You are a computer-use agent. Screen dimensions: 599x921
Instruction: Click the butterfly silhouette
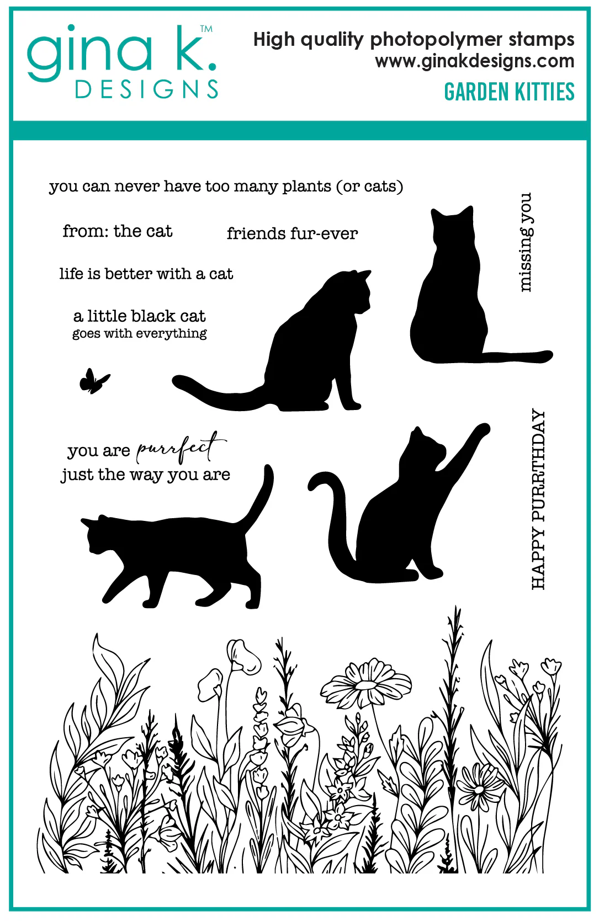[94, 381]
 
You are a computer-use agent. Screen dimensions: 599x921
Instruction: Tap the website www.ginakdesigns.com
[475, 61]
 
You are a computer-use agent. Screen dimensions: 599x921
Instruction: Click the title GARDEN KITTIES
[510, 92]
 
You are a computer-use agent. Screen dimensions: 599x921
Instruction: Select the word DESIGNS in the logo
[146, 89]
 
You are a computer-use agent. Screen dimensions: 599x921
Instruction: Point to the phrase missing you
[526, 243]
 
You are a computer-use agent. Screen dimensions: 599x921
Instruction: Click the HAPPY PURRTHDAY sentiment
[538, 499]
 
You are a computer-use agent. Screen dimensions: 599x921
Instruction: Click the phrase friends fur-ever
[292, 233]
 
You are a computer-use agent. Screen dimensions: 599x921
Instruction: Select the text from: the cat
[118, 231]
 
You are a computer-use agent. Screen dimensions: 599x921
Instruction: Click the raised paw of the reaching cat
[481, 430]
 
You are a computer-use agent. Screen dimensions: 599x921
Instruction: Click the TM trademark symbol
[206, 29]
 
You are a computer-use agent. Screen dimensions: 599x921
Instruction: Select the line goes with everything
[140, 333]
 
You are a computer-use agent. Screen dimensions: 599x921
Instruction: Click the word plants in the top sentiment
[306, 187]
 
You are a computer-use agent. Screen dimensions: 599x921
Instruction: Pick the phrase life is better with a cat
[146, 274]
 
